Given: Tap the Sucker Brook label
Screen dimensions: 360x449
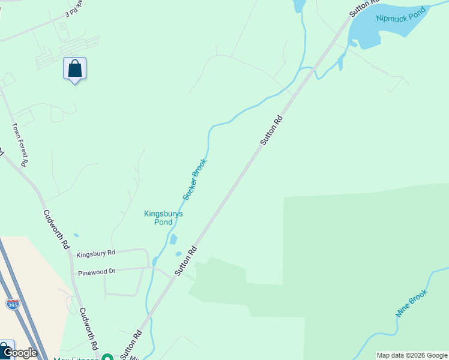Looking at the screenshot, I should (195, 179).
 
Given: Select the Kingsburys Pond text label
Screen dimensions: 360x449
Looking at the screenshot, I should (163, 218).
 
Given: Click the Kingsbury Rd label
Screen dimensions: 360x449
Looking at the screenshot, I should (95, 254).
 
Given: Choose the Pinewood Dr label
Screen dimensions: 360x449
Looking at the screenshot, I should (96, 272).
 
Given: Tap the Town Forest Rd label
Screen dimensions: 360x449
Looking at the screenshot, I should (20, 144).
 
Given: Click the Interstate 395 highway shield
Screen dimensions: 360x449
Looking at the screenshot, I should (13, 304).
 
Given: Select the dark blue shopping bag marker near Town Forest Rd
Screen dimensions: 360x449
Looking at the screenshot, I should (74, 69).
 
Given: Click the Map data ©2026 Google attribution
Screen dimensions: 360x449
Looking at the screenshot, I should (412, 355).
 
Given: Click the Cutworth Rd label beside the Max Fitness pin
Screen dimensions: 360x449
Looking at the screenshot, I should (88, 329).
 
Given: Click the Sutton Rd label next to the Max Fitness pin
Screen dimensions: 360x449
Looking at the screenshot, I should (131, 344).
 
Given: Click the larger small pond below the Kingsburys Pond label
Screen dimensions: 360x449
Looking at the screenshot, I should (173, 239).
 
